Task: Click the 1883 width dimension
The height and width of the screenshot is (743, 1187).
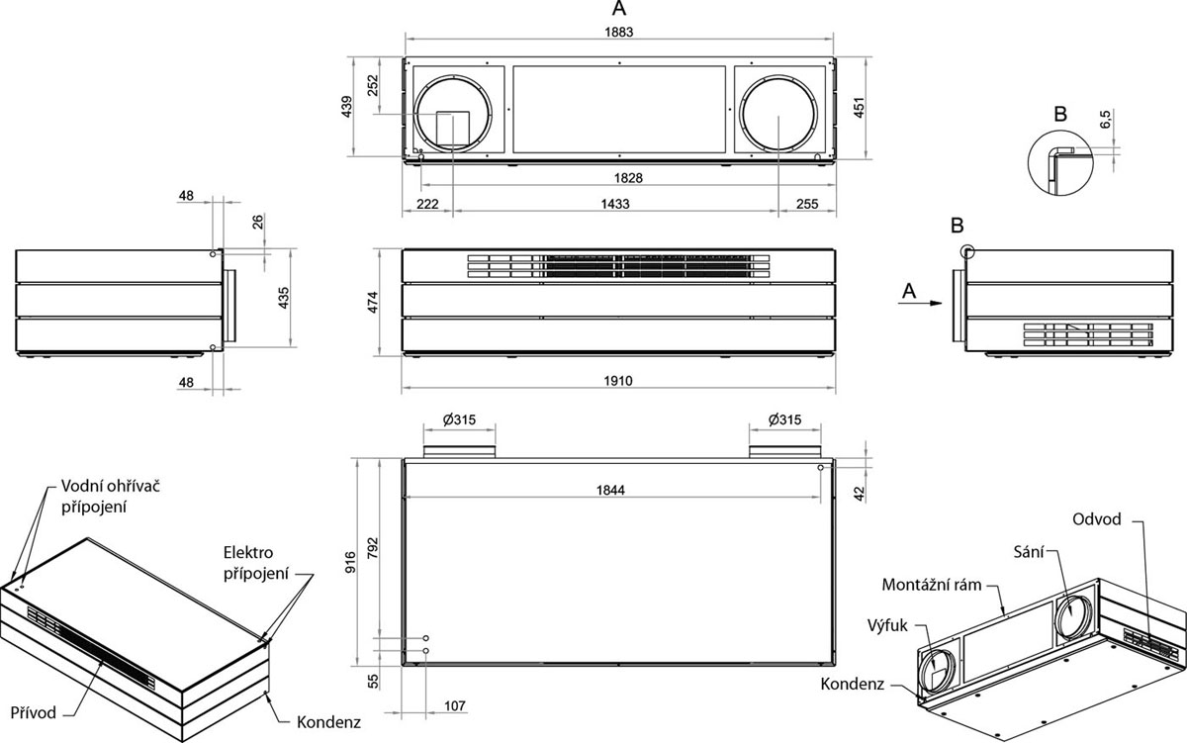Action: (619, 32)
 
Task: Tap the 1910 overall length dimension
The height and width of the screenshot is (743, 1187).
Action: (618, 381)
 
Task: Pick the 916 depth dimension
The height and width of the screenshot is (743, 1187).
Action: (364, 565)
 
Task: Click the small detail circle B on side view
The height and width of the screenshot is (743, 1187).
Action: (966, 251)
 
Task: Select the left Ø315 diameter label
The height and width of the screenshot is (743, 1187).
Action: (460, 419)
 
